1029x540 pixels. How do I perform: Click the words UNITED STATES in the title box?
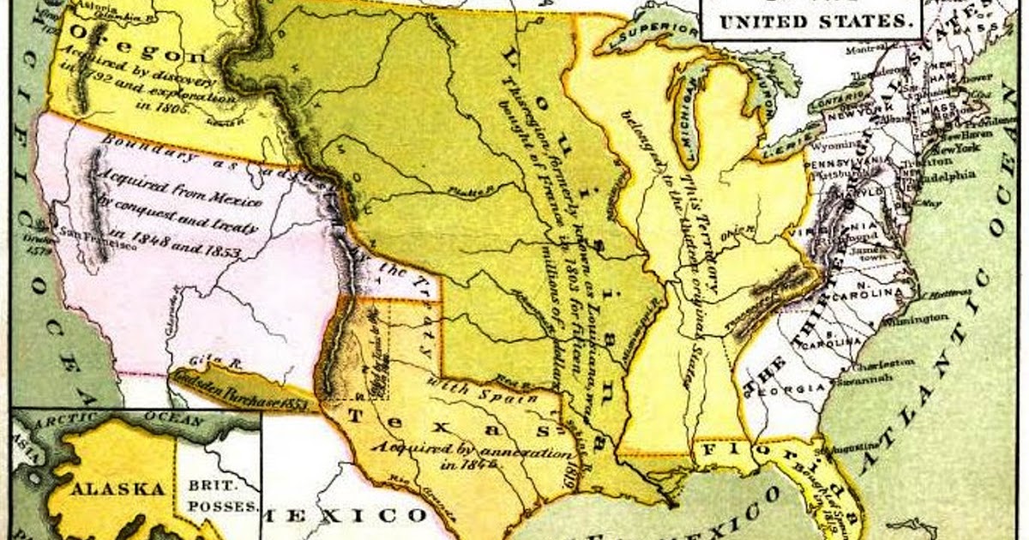pos(810,21)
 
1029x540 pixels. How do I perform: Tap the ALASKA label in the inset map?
pos(117,489)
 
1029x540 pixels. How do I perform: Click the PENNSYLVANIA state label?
pos(843,161)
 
